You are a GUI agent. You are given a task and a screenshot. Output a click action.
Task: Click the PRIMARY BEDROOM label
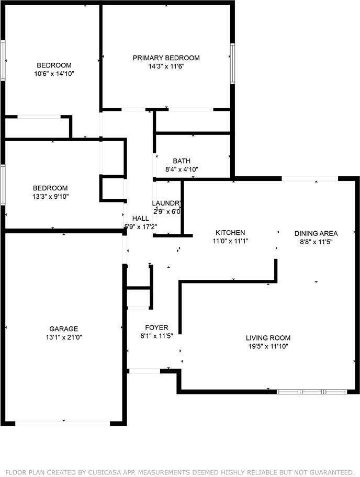[166, 58]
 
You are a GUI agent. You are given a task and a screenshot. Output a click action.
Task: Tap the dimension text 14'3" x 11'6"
[166, 66]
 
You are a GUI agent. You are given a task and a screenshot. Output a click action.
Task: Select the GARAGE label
[64, 329]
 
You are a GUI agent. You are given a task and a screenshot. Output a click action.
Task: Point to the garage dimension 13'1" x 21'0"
[64, 337]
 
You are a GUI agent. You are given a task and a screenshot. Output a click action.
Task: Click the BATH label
[182, 161]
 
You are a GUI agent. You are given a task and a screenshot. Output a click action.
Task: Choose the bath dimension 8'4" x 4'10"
[182, 169]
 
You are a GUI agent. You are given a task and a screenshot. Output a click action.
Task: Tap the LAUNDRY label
[167, 203]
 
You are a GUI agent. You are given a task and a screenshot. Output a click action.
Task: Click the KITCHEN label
[230, 233]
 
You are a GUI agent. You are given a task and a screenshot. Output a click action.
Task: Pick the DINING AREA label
[316, 233]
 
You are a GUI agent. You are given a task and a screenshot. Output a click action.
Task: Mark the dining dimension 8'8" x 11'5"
[316, 242]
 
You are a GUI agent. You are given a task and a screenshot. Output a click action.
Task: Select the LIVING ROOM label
[268, 338]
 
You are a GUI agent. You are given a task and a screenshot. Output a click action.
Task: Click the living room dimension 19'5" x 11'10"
[268, 346]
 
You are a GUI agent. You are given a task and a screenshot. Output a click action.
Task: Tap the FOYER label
[156, 327]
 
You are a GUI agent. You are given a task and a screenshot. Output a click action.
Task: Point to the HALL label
[140, 219]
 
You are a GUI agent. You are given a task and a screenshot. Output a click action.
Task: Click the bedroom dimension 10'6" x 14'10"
[54, 74]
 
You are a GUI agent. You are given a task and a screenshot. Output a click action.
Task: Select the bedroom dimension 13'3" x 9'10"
[50, 197]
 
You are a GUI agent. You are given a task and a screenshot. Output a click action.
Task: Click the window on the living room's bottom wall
[312, 391]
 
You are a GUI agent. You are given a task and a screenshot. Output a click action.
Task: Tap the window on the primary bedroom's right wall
[232, 63]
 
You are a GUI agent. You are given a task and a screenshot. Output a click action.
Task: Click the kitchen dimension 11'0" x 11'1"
[230, 241]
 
